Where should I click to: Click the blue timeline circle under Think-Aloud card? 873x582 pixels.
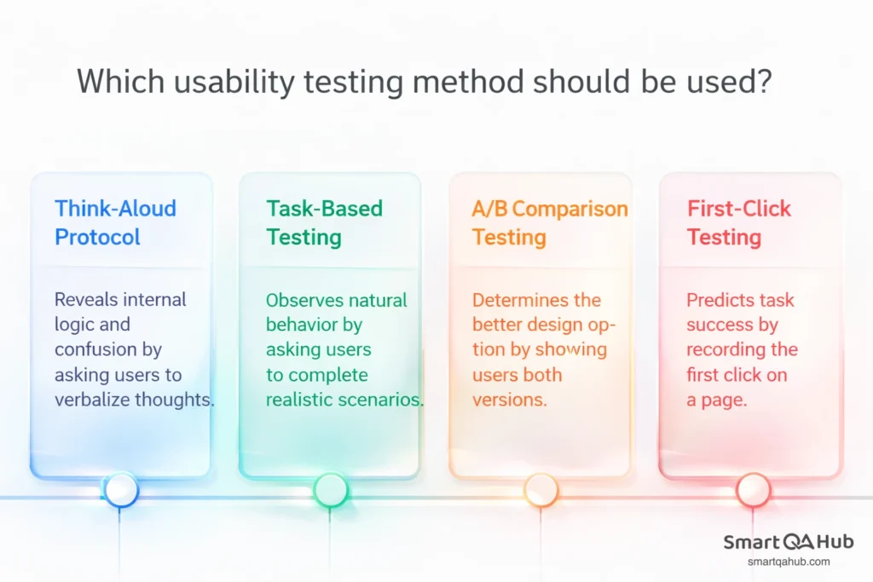tap(121, 490)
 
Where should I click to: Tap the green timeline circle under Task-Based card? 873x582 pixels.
tap(331, 490)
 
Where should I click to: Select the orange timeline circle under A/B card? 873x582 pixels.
tap(541, 490)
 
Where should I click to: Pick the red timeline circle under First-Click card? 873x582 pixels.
tap(753, 490)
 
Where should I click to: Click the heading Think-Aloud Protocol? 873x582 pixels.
tap(115, 222)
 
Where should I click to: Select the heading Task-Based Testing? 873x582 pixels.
tap(324, 222)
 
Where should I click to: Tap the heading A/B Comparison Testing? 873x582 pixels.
tap(549, 222)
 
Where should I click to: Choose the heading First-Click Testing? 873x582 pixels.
tap(739, 222)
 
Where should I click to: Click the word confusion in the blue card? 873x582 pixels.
tap(107, 349)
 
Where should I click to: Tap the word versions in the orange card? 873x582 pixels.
tap(509, 400)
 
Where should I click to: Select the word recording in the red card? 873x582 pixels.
tap(742, 349)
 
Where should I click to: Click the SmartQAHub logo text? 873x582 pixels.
tap(789, 543)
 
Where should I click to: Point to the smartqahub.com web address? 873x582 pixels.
tap(789, 562)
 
